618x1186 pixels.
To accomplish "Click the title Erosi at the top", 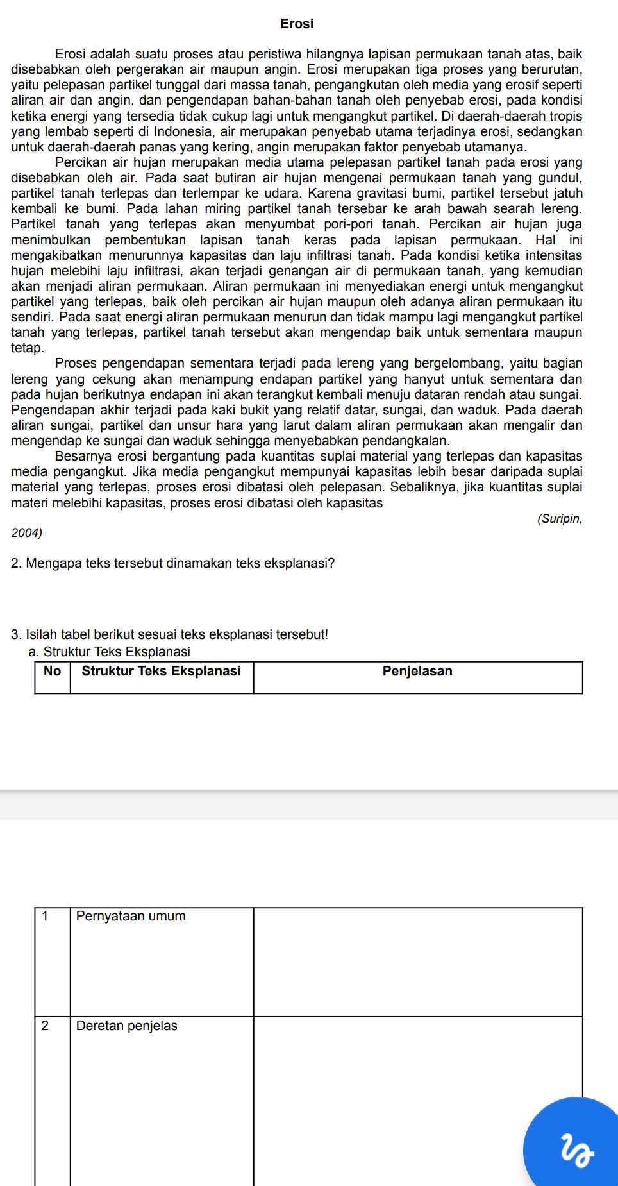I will [x=297, y=24].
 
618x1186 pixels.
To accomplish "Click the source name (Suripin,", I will [x=560, y=519].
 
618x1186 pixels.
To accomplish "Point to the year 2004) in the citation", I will [x=27, y=533].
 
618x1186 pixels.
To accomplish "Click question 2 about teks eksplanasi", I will [x=173, y=564].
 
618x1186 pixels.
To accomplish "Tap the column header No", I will [x=52, y=672].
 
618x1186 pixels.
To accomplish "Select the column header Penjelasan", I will [x=417, y=672].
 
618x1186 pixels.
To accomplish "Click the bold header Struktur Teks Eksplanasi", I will [x=162, y=672].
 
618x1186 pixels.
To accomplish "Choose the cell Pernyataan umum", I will [x=131, y=917].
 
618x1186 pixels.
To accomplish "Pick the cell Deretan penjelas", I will [x=126, y=1026].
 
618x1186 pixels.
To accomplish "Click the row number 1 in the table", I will [x=45, y=917].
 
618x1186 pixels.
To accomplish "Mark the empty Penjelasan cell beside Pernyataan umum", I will [x=418, y=962].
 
